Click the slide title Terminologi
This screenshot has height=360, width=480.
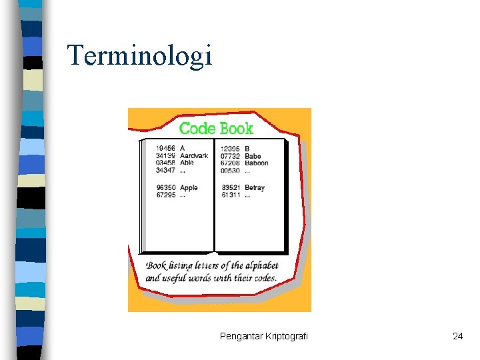[139, 55]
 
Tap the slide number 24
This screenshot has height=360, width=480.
[457, 336]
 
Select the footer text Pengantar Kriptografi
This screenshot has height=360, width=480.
[264, 336]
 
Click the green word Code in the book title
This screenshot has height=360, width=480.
[199, 127]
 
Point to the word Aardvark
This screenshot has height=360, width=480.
[194, 156]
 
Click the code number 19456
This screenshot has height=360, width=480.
[165, 148]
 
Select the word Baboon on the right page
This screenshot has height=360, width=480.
[257, 163]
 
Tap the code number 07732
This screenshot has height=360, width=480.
[231, 156]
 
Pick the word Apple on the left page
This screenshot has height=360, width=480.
[189, 188]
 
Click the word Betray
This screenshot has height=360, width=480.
[255, 188]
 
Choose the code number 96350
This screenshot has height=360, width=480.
[165, 188]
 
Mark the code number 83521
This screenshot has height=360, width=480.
[231, 188]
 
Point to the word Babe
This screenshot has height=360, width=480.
[253, 156]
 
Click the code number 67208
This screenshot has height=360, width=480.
[231, 163]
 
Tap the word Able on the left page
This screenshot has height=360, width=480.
[187, 163]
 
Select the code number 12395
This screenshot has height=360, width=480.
[231, 148]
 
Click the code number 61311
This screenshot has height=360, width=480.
[231, 195]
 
